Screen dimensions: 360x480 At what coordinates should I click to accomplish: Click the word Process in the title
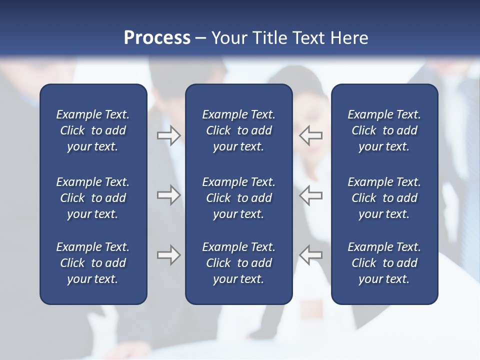(x=157, y=37)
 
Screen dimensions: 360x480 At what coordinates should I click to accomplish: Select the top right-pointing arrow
(x=168, y=135)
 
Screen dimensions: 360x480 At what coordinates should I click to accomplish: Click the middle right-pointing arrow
(x=168, y=195)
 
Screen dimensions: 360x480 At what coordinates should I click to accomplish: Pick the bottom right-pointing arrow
(x=168, y=255)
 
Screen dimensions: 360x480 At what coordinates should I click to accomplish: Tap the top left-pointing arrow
(x=311, y=135)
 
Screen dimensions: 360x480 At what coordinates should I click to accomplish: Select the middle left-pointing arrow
(x=311, y=195)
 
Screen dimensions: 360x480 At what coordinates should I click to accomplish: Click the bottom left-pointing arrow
(x=311, y=255)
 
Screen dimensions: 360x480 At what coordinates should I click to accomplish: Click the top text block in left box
(x=93, y=130)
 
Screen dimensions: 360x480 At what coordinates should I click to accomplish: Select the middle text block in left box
(x=93, y=198)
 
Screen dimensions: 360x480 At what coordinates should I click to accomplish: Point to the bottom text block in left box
(x=93, y=263)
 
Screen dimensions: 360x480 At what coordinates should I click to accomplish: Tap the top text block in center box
(x=238, y=130)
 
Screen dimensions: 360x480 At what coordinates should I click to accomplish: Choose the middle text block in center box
(x=238, y=198)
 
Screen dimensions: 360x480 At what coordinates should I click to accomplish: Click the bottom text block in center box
(x=238, y=263)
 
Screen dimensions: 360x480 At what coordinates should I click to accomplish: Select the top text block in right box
(x=384, y=130)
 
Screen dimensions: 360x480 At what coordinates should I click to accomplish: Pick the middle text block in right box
(x=384, y=198)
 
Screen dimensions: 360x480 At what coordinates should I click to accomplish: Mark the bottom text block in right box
(x=384, y=263)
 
